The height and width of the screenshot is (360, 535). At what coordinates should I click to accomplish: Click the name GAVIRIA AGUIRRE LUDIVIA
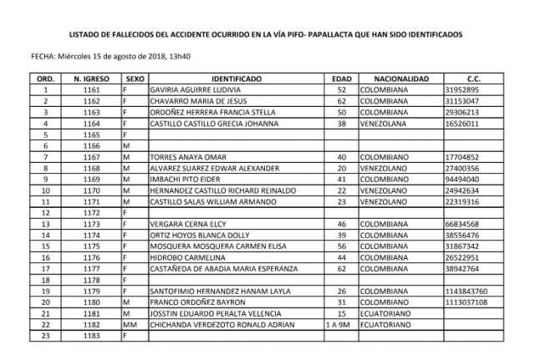pos(195,89)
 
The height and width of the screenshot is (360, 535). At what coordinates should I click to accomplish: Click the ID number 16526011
pos(463,124)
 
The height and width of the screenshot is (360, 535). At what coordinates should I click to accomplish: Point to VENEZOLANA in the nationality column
pos(388,124)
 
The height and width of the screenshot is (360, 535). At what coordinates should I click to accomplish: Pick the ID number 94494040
pos(463,180)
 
